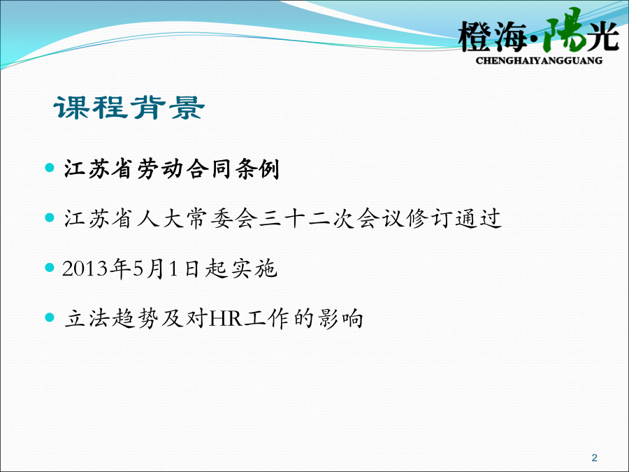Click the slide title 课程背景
tap(129, 108)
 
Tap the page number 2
tap(595, 457)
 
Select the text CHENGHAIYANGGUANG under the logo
tap(539, 61)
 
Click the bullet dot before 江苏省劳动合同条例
tap(50, 167)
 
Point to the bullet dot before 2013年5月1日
tap(50, 267)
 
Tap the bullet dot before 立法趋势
tap(50, 317)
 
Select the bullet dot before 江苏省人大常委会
tap(50, 217)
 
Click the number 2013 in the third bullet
tap(85, 269)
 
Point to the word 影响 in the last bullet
tap(340, 319)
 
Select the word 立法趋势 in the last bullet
tap(112, 319)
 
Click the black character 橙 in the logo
tap(476, 37)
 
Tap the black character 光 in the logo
tap(603, 36)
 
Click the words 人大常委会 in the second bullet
tap(197, 219)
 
